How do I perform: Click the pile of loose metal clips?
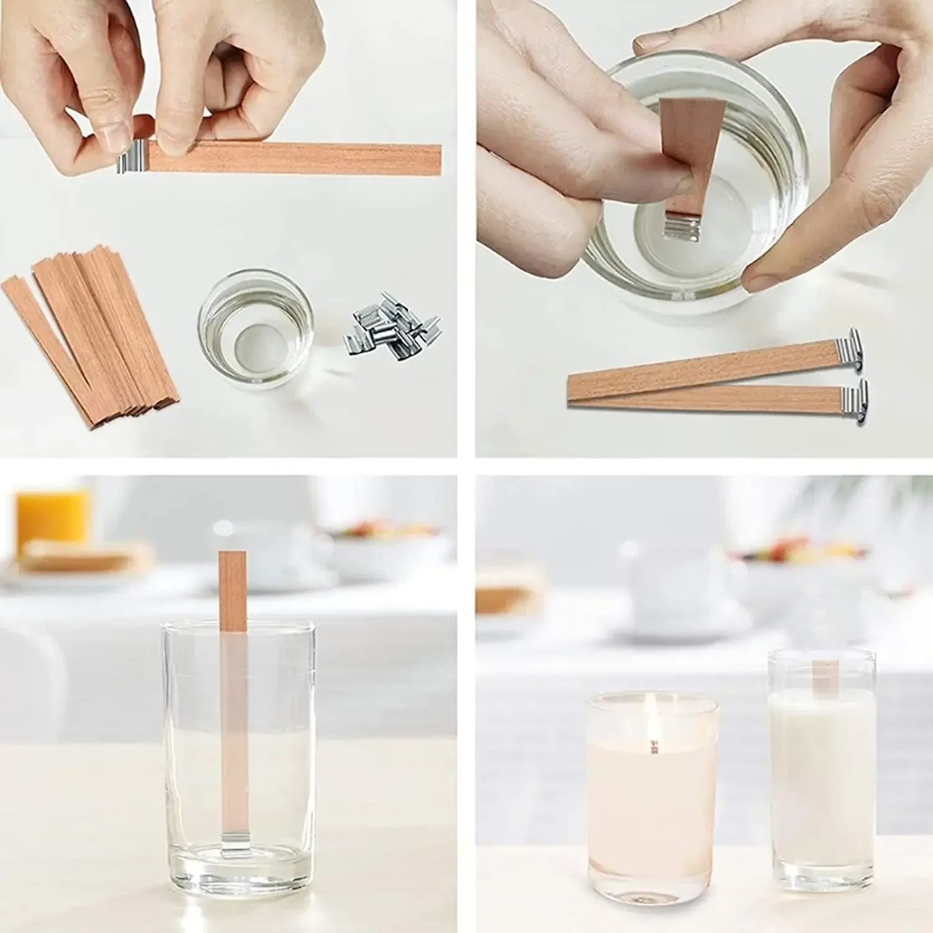click(393, 330)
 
